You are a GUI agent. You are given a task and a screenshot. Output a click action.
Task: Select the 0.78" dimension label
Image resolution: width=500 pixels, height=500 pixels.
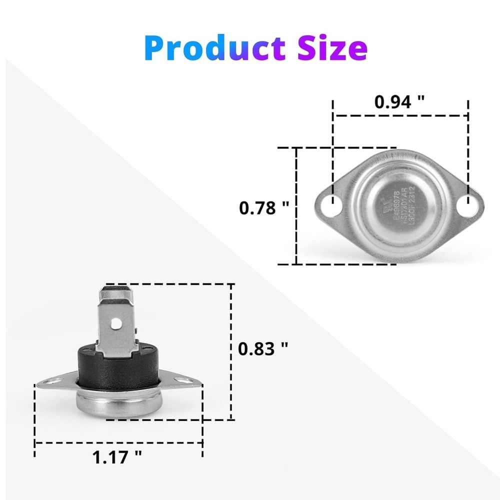click(264, 207)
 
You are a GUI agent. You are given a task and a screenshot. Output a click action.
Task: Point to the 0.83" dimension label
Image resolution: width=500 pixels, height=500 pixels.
click(263, 348)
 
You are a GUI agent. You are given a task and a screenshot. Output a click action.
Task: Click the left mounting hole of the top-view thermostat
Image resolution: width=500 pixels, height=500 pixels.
click(330, 205)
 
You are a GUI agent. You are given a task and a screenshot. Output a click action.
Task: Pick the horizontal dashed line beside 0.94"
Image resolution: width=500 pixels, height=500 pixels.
click(400, 115)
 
